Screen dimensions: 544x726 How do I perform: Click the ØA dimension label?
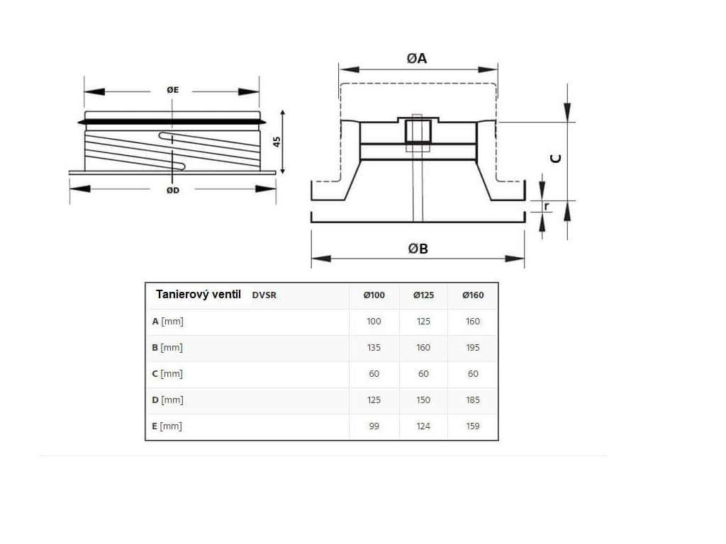417,59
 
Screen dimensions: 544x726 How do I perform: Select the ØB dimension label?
418,249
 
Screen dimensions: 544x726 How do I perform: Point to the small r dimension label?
547,206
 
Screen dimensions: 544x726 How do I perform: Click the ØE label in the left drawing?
172,90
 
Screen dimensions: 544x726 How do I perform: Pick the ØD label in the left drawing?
172,190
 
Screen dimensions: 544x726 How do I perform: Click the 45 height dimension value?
277,141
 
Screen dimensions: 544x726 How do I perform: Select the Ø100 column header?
374,295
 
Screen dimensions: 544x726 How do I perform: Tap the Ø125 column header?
423,295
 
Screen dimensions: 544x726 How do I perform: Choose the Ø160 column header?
473,295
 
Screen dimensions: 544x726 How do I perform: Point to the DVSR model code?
264,295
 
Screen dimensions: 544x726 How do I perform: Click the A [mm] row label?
168,321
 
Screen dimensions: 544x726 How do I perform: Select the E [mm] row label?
167,426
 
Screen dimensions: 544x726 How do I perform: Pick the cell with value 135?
374,347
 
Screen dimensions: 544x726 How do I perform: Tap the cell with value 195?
473,347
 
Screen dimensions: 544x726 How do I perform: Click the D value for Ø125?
423,399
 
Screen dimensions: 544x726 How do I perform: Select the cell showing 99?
374,426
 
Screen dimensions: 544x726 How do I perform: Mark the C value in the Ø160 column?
473,373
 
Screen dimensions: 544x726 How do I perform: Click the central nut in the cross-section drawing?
415,132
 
